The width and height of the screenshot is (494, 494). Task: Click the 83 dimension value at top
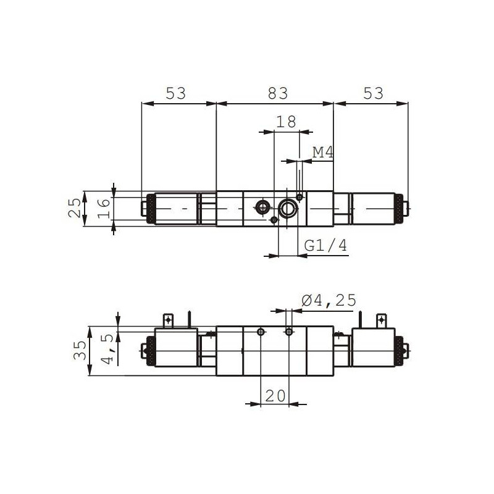pos(278,93)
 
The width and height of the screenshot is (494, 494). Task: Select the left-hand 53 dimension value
pos(175,93)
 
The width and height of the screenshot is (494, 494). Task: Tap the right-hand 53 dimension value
pos(373,93)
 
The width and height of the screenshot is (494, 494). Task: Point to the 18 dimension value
pos(287,122)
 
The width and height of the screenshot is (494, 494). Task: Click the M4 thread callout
pos(322,152)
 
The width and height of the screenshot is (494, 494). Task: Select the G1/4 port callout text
pos(326,246)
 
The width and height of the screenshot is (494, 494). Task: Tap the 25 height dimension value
pos(74,209)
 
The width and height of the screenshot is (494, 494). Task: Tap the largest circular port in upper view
pos(288,209)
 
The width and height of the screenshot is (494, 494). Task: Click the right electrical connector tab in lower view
pos(381,320)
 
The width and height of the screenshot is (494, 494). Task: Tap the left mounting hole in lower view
pos(262,332)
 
